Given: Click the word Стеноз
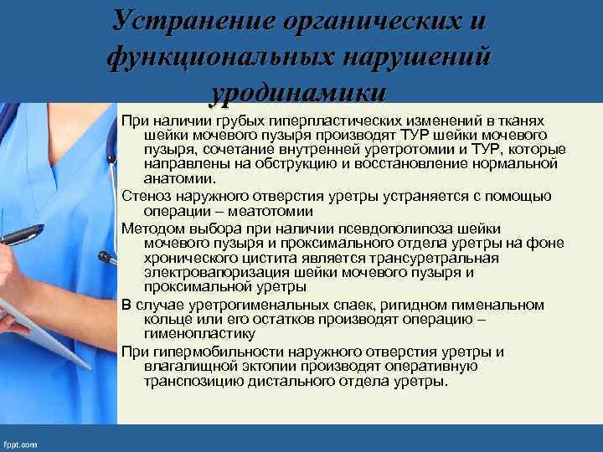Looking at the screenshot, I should [x=145, y=196].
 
